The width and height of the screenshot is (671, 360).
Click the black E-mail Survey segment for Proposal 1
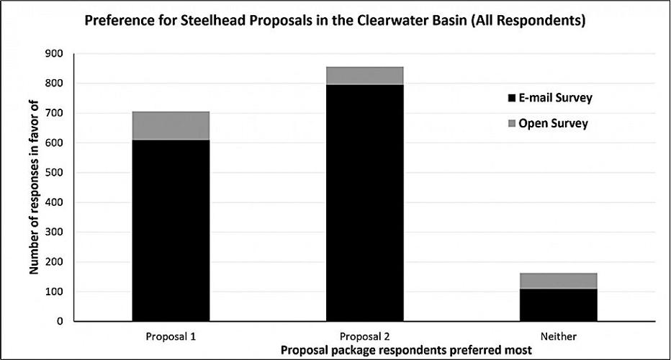171,230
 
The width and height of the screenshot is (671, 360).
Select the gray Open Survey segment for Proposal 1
171,126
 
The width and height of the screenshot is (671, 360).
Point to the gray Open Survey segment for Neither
558,281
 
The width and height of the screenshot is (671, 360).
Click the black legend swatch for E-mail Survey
512,98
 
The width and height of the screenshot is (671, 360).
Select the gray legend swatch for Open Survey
512,124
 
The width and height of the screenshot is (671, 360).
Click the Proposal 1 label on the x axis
171,336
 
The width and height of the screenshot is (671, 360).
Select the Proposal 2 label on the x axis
364,336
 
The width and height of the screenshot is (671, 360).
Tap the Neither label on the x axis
558,336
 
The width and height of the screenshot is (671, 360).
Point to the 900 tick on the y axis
54,54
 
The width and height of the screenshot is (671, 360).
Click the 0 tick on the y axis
60,321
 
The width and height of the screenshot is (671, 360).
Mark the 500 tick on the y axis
54,173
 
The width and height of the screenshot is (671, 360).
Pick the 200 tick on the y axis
54,262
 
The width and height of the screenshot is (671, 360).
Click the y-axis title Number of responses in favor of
33,187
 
